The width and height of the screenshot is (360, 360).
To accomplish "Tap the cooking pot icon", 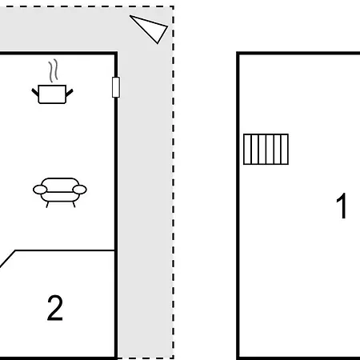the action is [52, 94].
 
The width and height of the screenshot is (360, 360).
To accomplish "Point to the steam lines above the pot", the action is [53, 70].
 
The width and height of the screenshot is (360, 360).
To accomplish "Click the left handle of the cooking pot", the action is [35, 93].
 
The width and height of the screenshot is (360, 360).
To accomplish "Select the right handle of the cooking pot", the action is [70, 93].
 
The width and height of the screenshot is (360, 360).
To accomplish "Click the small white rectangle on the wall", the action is [116, 87].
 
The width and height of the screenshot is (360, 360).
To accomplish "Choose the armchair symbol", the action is [60, 192].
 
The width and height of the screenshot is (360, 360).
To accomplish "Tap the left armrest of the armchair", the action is [40, 190].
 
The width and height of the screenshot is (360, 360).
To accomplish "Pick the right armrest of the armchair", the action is [79, 190].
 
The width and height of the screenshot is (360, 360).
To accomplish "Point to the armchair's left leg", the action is [47, 205].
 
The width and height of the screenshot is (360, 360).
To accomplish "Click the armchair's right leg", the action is [74, 205].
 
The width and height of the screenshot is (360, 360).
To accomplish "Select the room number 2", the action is [55, 308].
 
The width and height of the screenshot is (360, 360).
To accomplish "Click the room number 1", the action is [342, 206].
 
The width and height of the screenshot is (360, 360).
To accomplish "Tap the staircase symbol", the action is [266, 149].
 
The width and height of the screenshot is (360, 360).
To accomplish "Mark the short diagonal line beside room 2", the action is [7, 258].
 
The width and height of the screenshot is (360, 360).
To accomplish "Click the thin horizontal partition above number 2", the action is [65, 250].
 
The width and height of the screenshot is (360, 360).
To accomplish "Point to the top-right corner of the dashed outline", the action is [174, 6].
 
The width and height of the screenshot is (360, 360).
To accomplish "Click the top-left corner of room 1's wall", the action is [238, 54].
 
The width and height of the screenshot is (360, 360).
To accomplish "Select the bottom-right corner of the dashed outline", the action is [174, 358].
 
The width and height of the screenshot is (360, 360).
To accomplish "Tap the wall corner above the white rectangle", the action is [116, 54].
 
